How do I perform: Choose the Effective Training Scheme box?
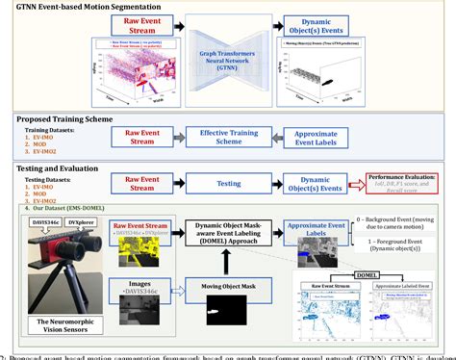(227, 137)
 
